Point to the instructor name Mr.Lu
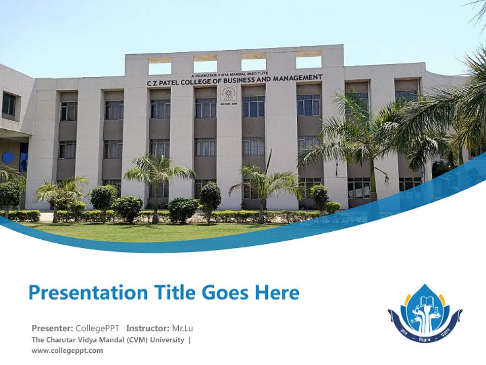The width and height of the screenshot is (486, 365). pos(182,328)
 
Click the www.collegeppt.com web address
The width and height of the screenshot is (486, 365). pos(67,350)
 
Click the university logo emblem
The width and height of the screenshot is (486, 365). pos(425,313)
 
